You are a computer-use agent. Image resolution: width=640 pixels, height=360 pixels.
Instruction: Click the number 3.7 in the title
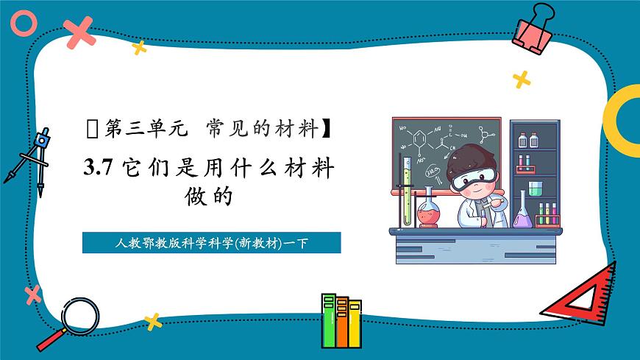(x=96, y=169)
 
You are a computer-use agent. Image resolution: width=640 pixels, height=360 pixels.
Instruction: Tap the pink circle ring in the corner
(x=24, y=23)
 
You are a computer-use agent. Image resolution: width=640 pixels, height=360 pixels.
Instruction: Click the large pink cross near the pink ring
(x=79, y=31)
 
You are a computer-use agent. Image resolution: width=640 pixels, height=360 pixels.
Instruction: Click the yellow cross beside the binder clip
(x=522, y=79)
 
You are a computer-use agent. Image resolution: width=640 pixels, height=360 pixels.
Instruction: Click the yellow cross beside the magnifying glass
(x=153, y=320)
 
